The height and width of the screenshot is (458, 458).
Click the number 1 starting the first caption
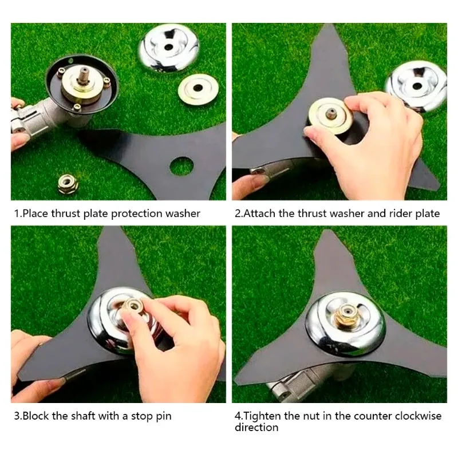[x=17, y=214]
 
